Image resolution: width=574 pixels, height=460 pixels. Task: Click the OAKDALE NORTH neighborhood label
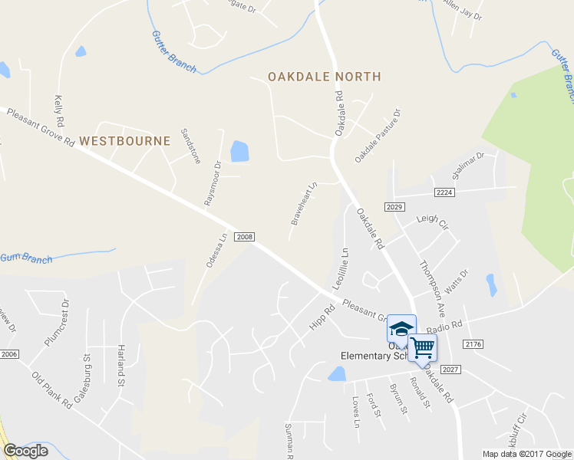coord(324,77)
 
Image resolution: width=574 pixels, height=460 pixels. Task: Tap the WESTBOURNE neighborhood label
coord(124,141)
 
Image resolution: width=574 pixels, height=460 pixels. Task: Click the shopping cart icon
coord(422,347)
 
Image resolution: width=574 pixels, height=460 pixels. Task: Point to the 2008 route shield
coord(245,237)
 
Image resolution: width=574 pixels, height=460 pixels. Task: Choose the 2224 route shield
coord(444,192)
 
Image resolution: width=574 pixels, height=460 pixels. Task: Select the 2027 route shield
coord(450,369)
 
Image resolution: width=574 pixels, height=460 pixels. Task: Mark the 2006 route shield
coord(8,353)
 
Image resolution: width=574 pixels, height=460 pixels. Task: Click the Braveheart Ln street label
coord(304,203)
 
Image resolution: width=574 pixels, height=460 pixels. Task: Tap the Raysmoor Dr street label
coord(212,182)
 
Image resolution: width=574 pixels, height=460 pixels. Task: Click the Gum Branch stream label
coord(26,258)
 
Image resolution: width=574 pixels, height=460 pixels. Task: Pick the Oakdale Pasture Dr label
coord(378,135)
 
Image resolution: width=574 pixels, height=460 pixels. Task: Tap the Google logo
coord(25,451)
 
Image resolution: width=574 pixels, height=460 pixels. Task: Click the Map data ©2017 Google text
coord(527,454)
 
